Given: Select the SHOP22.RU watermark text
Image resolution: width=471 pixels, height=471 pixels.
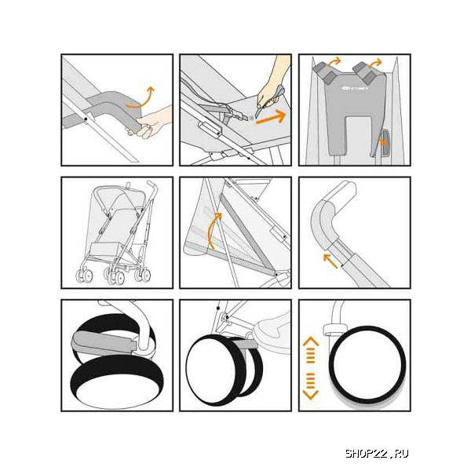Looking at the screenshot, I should point(377,453).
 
